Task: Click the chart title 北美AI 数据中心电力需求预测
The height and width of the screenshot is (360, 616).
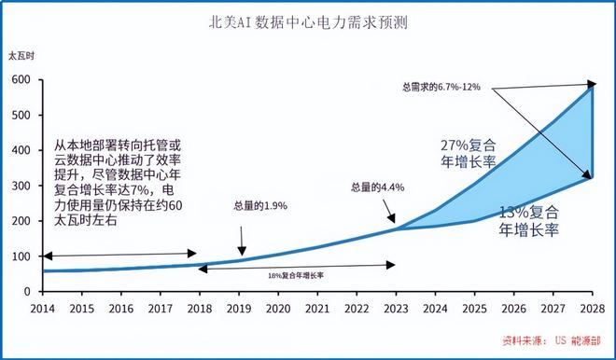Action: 307,21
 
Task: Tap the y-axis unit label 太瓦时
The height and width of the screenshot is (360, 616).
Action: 21,58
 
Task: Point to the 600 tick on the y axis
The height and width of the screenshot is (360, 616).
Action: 21,80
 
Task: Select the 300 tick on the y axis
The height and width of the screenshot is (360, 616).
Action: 21,186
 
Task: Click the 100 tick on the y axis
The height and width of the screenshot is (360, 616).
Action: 21,256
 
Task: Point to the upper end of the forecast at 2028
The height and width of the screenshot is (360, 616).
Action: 593,85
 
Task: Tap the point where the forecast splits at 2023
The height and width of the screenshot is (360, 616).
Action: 396,228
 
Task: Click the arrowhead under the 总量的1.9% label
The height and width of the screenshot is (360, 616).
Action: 242,253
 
